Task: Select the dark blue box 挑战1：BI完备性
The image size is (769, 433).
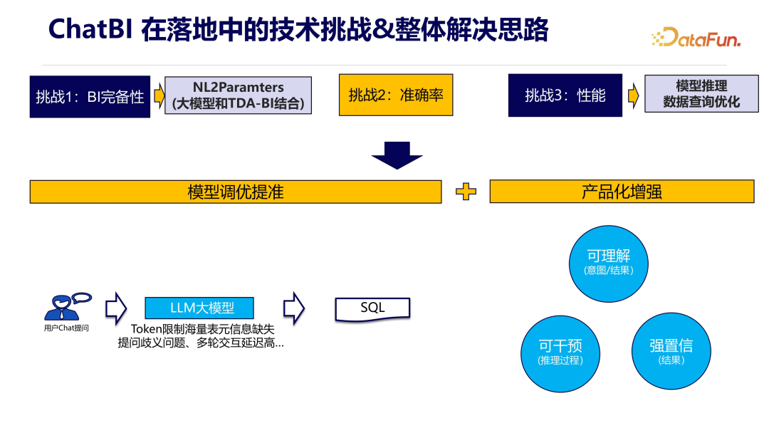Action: point(90,96)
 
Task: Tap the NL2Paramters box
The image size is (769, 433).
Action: point(239,95)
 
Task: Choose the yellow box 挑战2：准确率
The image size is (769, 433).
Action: point(396,95)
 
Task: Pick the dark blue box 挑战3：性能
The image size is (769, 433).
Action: point(565,95)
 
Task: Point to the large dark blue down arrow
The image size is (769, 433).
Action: point(397,155)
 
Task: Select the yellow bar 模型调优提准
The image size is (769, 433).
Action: point(236,192)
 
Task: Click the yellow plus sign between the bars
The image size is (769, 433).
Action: point(466,192)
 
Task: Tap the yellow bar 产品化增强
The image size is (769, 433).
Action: point(622,192)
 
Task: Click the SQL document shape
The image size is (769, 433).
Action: point(372,308)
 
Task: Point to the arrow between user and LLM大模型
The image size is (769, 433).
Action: point(115,308)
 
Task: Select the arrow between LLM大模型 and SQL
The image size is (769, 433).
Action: point(293,308)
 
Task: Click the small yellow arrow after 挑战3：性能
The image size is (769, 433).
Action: point(632,95)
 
